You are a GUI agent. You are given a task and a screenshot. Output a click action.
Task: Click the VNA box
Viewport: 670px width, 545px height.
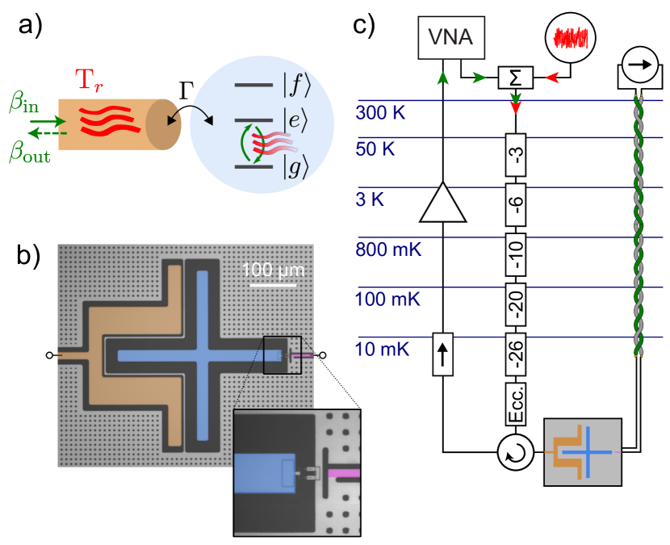pos(451,38)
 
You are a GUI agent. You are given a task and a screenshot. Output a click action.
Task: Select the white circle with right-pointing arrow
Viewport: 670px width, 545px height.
pos(639,65)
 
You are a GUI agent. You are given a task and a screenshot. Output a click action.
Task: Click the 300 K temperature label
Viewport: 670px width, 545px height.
pos(382,112)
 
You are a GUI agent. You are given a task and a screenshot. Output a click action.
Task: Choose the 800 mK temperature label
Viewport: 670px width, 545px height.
pos(388,249)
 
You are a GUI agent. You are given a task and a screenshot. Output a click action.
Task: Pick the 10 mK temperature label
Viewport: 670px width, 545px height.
pos(383,350)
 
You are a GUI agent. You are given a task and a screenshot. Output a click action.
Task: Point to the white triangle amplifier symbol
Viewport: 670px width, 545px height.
pos(442,203)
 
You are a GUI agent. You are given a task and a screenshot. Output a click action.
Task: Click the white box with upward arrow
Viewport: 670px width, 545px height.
pos(443,354)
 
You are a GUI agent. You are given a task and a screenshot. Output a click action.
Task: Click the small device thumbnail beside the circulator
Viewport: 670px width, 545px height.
pos(583,452)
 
